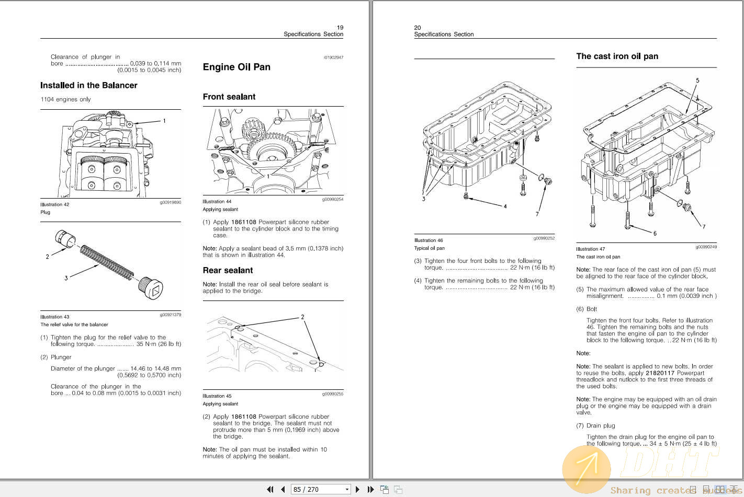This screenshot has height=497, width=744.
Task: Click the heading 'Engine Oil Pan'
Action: tap(236, 67)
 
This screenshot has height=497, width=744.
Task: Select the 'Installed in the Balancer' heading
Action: tap(89, 85)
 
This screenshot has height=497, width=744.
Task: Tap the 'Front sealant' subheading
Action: tap(229, 97)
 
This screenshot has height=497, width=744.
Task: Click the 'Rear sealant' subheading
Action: tap(228, 270)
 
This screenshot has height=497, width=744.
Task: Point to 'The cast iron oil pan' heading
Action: tap(617, 56)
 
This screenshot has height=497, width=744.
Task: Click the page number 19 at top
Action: tap(340, 28)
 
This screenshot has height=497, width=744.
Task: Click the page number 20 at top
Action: tap(418, 28)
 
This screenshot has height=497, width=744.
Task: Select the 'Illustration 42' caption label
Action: tap(55, 204)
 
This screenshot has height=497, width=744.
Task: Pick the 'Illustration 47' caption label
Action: tap(591, 249)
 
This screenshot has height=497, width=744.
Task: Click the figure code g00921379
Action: tap(171, 315)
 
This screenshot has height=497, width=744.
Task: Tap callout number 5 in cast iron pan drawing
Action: tap(697, 80)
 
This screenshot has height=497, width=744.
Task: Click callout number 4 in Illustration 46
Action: tap(505, 206)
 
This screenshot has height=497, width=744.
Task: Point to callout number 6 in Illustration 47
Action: tap(655, 233)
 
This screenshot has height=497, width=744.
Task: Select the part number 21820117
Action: tap(660, 373)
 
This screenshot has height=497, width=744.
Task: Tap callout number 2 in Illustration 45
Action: tap(302, 317)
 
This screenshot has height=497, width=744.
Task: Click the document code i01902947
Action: tap(333, 57)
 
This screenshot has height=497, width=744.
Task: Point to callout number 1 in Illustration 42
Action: tap(164, 121)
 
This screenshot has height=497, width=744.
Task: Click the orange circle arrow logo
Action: tap(586, 469)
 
